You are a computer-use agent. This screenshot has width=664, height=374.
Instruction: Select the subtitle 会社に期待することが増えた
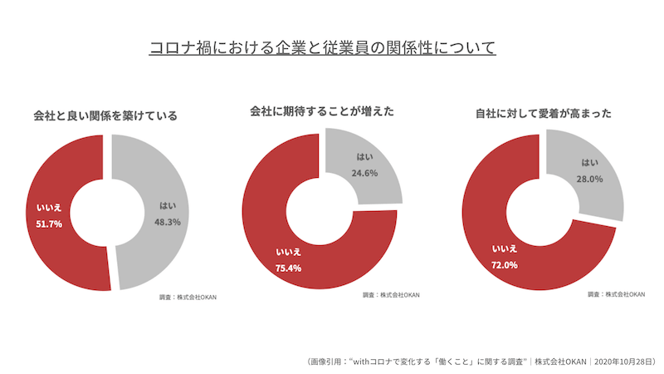322,111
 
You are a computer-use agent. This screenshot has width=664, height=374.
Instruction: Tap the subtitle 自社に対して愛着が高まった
543,113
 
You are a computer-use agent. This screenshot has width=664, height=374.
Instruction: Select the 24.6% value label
364,174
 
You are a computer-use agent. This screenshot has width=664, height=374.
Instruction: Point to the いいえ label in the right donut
505,249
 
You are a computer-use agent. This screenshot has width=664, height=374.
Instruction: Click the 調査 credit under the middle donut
389,294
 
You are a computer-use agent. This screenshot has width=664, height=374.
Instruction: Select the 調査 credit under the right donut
616,293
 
